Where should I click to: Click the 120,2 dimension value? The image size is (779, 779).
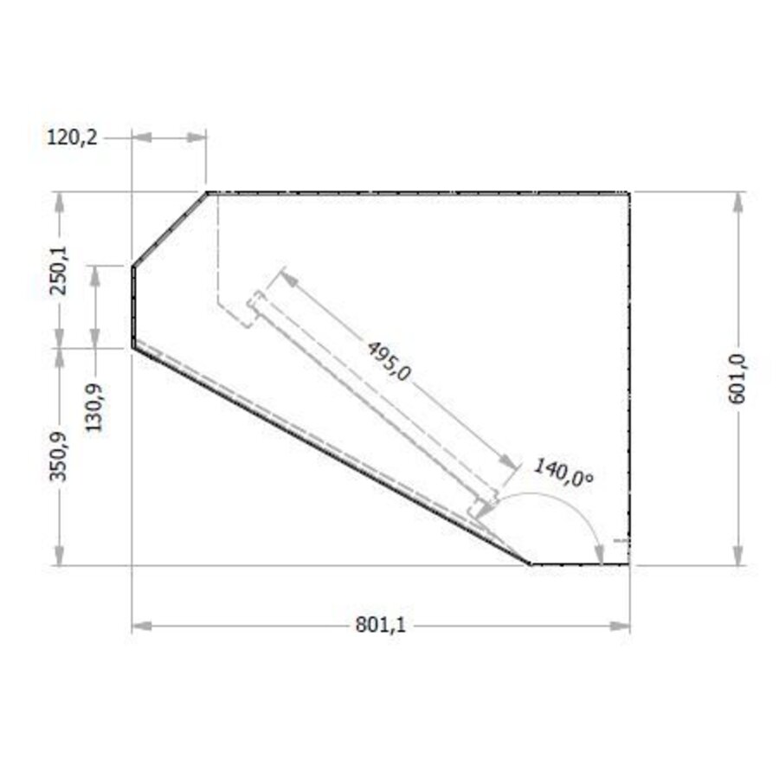(73, 136)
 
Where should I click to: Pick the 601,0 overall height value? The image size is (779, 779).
(737, 377)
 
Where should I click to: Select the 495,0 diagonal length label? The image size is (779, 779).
(389, 360)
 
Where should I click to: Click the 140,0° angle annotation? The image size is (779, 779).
(563, 474)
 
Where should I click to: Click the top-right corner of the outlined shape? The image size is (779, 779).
(629, 192)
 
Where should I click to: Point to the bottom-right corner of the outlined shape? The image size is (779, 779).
(629, 564)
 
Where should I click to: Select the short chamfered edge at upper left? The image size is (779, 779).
(170, 229)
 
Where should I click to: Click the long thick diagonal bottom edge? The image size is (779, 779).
(329, 454)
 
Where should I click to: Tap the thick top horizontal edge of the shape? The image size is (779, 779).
(415, 192)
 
